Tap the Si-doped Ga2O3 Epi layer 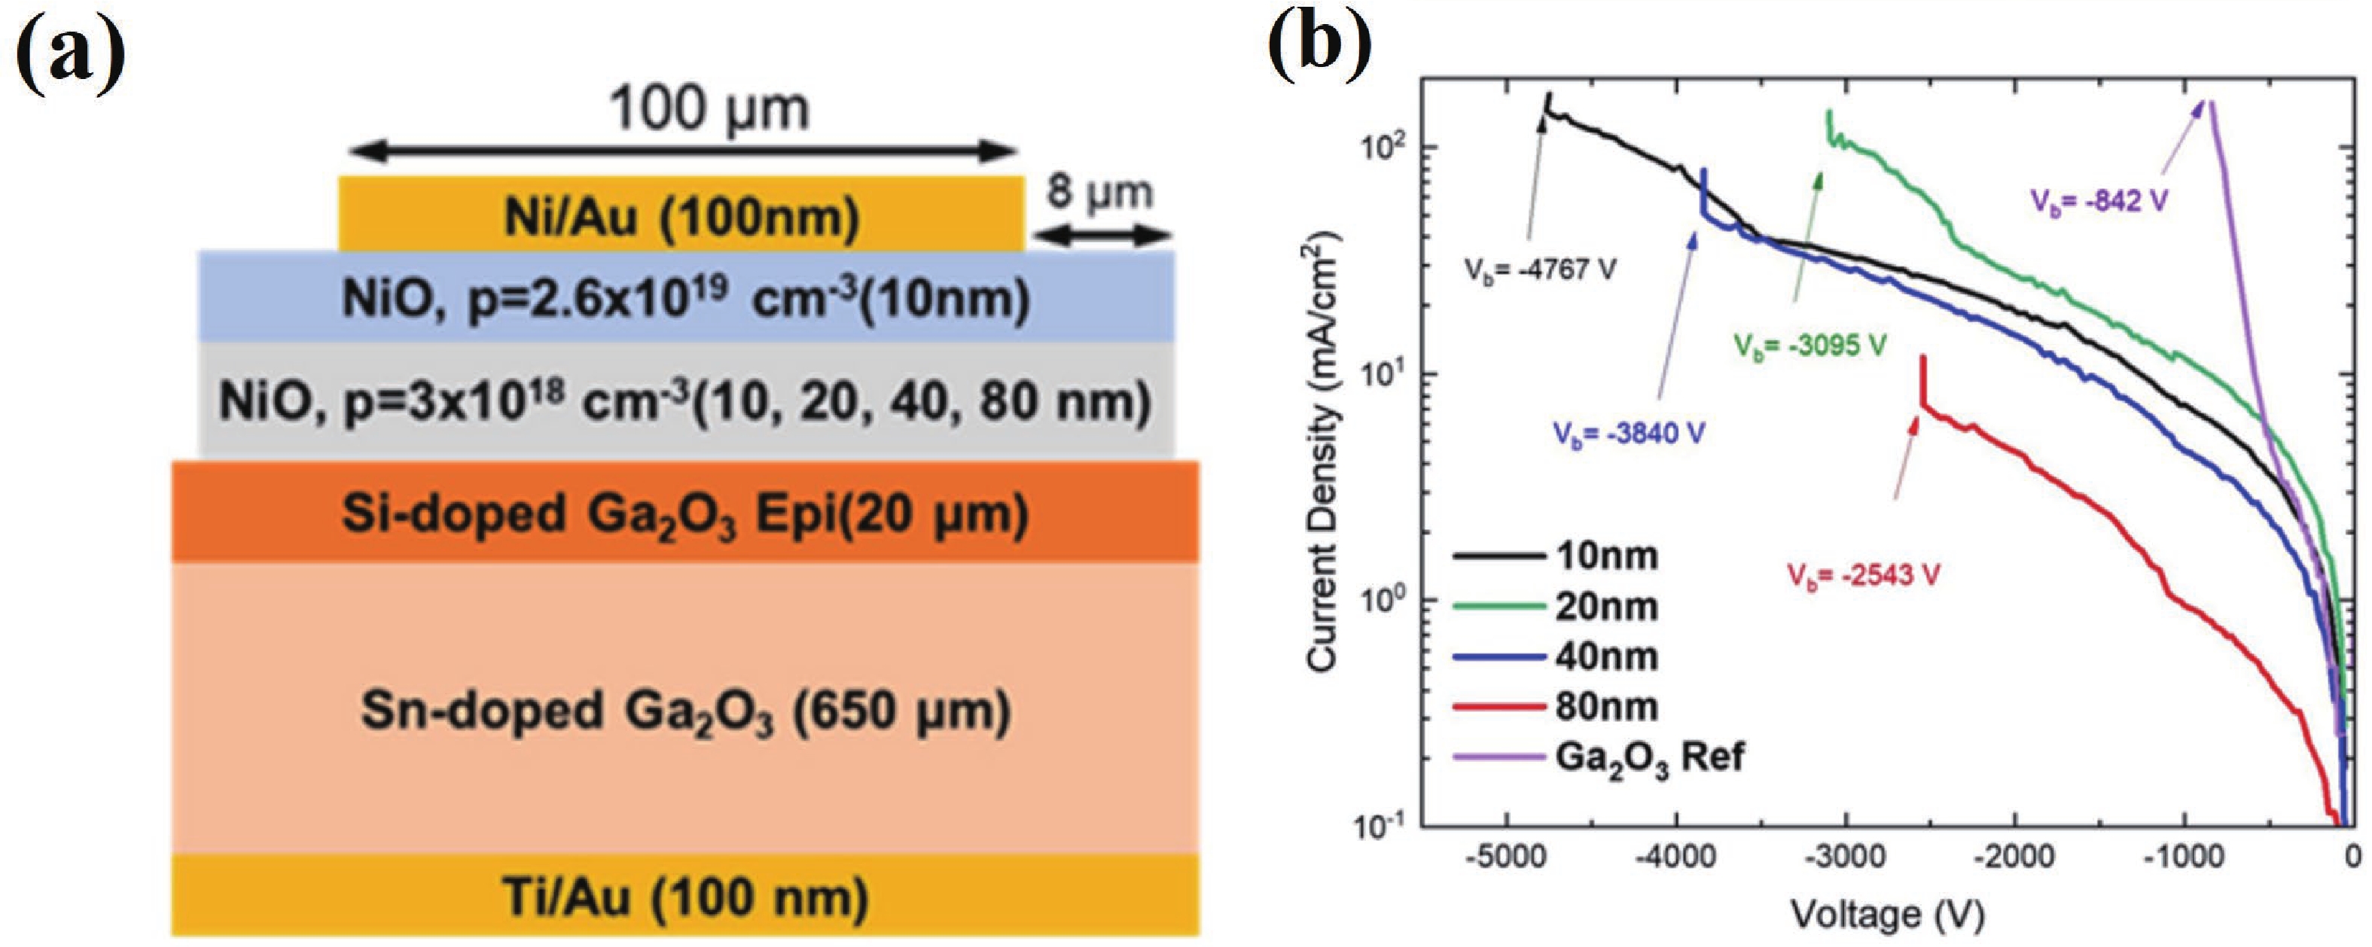click(685, 513)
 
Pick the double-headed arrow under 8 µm click(1100, 236)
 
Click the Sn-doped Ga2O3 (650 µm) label click(685, 711)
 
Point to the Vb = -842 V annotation click(2096, 201)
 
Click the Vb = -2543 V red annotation click(1864, 575)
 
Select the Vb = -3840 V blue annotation click(1628, 433)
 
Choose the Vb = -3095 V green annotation click(1810, 346)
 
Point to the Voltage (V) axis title click(1887, 914)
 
